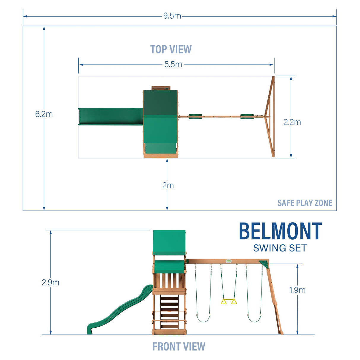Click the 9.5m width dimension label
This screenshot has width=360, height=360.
[x=172, y=16]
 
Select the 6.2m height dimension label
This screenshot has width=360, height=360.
[x=44, y=114]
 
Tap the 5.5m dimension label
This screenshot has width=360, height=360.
[x=173, y=65]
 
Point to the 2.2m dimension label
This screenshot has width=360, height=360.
[x=292, y=122]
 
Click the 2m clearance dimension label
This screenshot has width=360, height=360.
[x=168, y=186]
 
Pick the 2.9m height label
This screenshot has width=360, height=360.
[x=50, y=283]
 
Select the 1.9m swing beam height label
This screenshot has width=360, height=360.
[x=297, y=290]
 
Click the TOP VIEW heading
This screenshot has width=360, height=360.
[x=171, y=50]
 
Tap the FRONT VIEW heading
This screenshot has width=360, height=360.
[x=179, y=347]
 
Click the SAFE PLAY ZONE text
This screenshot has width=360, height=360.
[x=305, y=203]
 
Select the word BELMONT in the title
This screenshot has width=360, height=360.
[x=280, y=231]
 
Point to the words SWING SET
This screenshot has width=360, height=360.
[x=280, y=248]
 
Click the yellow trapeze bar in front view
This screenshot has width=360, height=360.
[x=229, y=302]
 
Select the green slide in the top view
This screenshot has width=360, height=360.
[x=110, y=117]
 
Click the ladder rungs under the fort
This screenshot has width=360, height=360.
[x=169, y=311]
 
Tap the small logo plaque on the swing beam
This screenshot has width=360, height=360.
[x=229, y=261]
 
